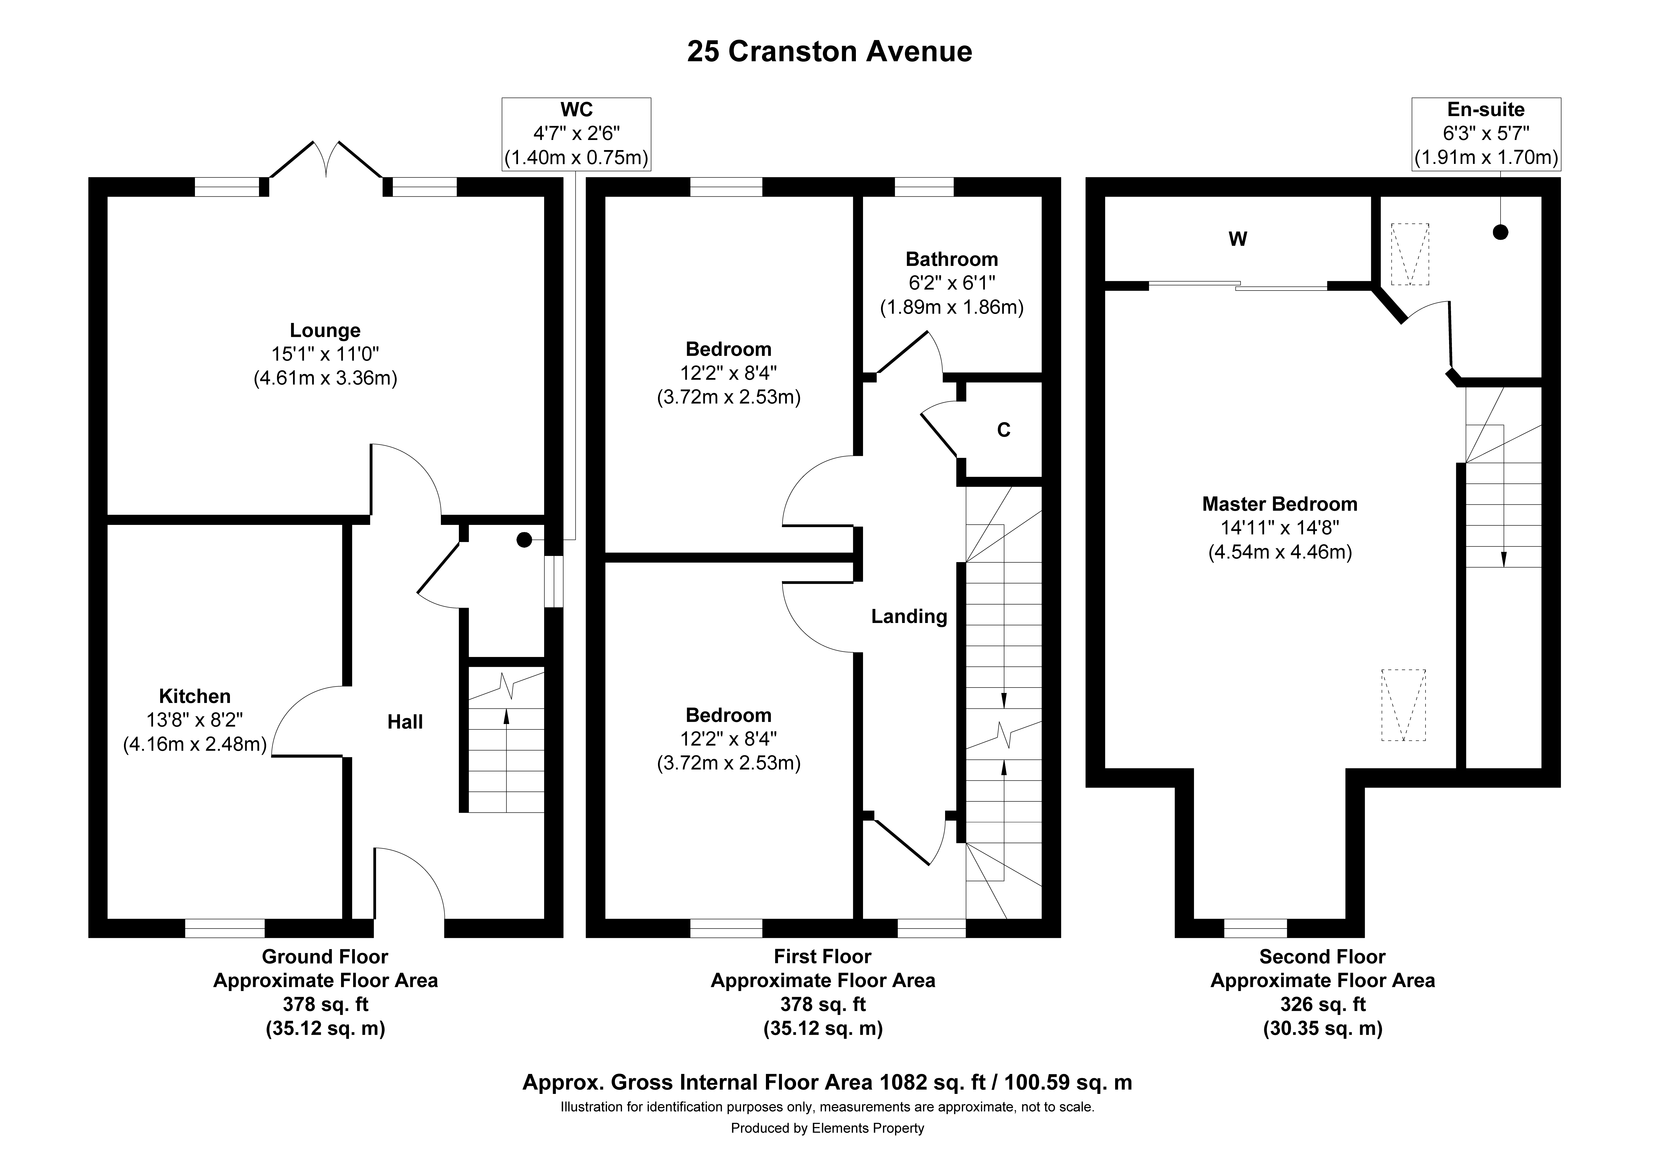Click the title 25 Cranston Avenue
tap(829, 51)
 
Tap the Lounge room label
tap(325, 330)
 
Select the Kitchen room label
tap(195, 696)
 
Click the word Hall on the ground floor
tap(405, 722)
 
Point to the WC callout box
tap(576, 135)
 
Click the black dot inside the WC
tap(524, 539)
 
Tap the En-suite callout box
tap(1486, 135)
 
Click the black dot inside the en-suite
tap(1501, 232)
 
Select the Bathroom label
tap(951, 259)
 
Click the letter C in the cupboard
tap(1003, 430)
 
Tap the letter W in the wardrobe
tap(1238, 239)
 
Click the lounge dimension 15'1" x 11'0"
tap(325, 354)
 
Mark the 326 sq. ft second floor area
tap(1322, 1004)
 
